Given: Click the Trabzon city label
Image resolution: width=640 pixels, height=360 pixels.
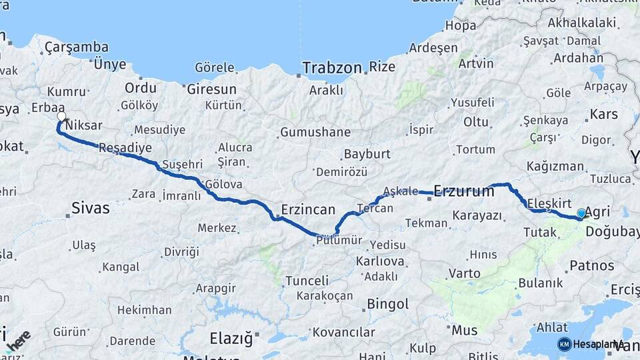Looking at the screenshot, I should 332,67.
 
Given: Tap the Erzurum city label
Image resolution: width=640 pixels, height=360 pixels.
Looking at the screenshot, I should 464,191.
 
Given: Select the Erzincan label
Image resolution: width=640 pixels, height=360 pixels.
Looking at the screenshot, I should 308,209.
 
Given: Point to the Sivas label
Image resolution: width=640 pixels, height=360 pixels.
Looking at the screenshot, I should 91,208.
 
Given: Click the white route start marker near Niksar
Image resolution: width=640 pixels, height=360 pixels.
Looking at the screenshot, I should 62,117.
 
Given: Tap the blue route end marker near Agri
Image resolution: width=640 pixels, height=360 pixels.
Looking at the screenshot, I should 581,213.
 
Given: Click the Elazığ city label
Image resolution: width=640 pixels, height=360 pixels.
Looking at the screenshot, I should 231,339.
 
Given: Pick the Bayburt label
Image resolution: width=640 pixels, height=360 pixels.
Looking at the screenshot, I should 367,155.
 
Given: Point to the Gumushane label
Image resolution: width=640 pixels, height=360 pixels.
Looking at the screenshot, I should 315,132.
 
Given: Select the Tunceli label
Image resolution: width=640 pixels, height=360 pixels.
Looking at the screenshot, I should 307,281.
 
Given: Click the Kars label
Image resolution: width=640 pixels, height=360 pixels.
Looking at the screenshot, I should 604,115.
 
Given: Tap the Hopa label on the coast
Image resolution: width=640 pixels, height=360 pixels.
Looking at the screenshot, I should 461,27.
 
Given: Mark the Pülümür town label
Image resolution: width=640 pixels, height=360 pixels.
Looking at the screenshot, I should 339,241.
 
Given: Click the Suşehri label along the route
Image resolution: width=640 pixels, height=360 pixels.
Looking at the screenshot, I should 183,164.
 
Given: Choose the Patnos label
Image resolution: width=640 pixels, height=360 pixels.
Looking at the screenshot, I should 592,265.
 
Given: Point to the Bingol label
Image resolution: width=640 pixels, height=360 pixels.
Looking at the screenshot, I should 388,304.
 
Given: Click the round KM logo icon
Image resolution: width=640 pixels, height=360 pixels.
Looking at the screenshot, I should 565,344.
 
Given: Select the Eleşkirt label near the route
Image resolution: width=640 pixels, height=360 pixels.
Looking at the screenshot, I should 550,202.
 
